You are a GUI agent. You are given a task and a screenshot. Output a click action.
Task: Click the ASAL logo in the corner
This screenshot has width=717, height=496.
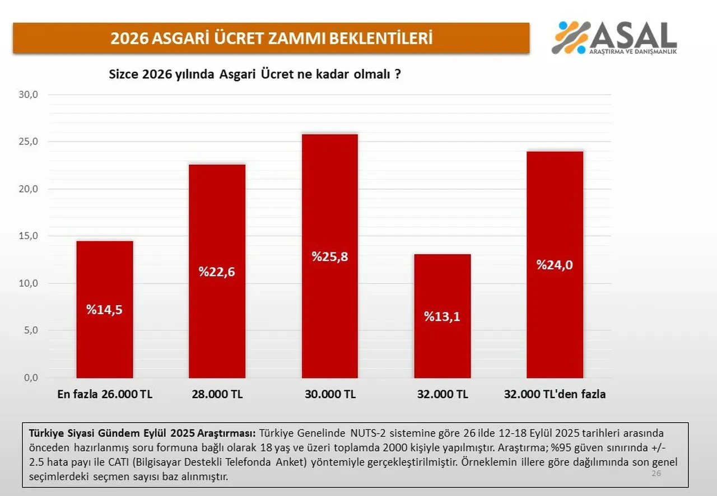(x=614, y=38)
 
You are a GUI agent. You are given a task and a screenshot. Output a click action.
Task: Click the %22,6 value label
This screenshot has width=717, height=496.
(x=217, y=272)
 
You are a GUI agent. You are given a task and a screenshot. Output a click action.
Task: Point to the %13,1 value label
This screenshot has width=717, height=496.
(x=442, y=316)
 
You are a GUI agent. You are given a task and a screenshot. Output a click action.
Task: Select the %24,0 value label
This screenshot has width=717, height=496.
(x=555, y=265)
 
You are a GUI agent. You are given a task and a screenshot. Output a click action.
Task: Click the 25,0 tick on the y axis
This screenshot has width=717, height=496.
(x=28, y=142)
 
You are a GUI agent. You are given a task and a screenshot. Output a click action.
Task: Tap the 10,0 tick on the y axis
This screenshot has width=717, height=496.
(x=28, y=283)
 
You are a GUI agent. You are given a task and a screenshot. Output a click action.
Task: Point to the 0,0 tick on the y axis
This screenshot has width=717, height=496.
(x=30, y=378)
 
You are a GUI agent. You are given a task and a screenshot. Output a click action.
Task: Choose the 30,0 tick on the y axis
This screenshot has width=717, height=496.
(x=28, y=95)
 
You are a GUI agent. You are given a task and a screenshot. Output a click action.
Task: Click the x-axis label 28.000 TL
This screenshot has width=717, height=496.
(x=217, y=394)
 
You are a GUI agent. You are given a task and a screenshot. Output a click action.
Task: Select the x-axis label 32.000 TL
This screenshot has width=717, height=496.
(x=442, y=394)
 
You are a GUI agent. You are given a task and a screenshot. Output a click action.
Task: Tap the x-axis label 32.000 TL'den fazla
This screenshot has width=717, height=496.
(x=555, y=394)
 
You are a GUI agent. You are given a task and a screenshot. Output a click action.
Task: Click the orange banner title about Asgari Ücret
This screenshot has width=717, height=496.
(x=271, y=38)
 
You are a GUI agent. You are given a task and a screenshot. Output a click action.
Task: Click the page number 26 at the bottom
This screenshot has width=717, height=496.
(x=657, y=474)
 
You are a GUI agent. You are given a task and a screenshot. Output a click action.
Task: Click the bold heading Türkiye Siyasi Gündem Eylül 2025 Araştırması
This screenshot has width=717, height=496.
(x=142, y=433)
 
